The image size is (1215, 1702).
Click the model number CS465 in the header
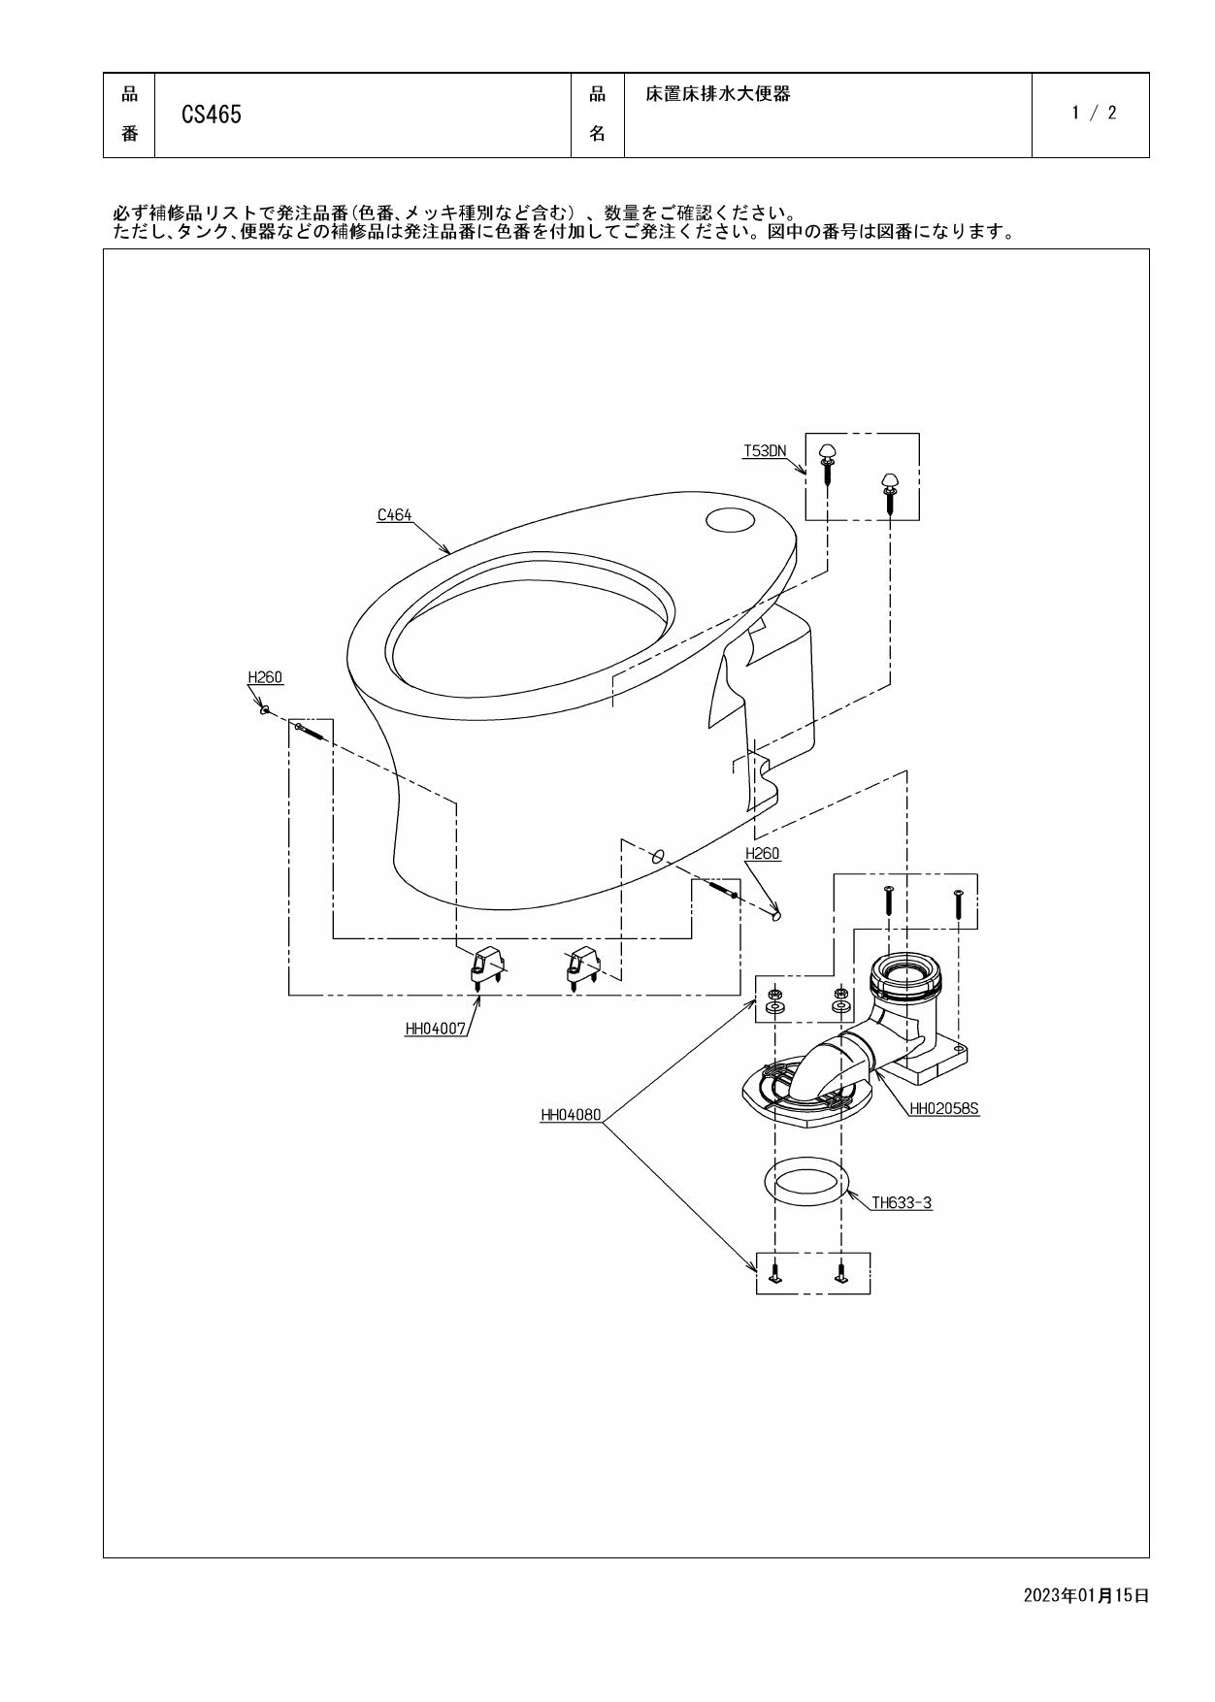(212, 115)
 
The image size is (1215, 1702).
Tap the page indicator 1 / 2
(1094, 113)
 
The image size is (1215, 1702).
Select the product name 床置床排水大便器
(718, 94)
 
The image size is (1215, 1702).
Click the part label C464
(394, 515)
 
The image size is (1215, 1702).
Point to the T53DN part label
(765, 450)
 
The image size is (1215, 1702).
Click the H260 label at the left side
(265, 677)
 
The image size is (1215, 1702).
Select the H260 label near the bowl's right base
(762, 854)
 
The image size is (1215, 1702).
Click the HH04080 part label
(571, 1116)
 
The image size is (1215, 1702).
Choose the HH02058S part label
(944, 1107)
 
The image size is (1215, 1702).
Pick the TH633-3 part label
(901, 1203)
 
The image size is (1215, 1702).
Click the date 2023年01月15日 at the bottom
(1086, 1595)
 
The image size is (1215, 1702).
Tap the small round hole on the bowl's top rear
(730, 521)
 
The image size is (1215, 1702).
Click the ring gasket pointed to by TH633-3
(806, 1182)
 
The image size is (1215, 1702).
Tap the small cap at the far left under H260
(264, 710)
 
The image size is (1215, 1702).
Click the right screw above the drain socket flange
(958, 903)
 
